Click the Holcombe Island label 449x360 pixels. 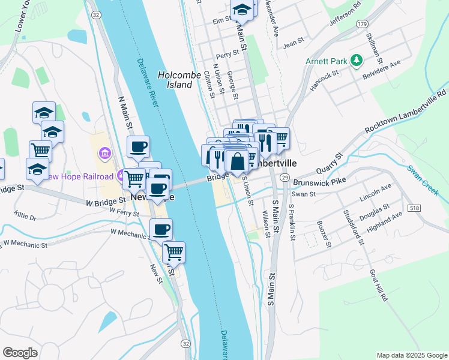coord(175,80)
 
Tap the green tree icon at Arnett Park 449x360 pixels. coord(357,60)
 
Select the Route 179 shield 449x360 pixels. coord(361,23)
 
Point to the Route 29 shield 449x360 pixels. coord(285,178)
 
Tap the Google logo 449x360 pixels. coord(20,352)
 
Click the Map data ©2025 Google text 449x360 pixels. coord(411,355)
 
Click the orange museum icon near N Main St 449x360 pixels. coord(105,154)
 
